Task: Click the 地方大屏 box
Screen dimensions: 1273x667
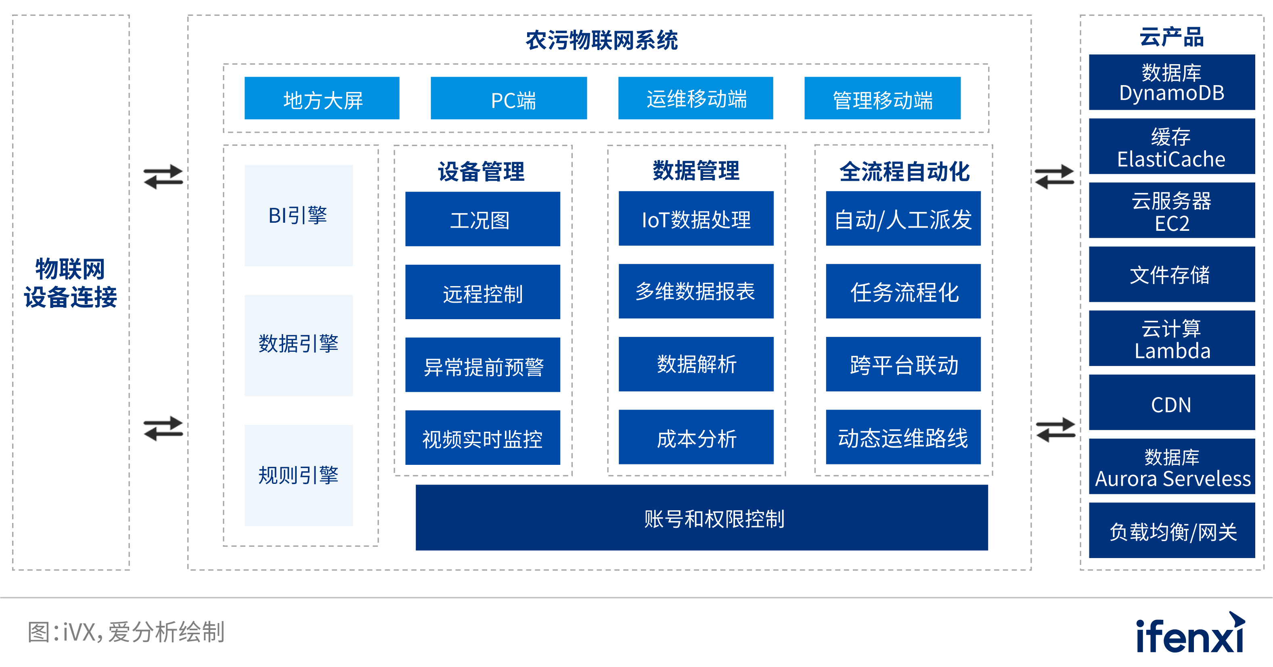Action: click(x=322, y=98)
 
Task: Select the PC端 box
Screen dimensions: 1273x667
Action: click(x=509, y=98)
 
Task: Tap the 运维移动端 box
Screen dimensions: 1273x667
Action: click(x=695, y=98)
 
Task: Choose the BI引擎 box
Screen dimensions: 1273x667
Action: click(x=299, y=215)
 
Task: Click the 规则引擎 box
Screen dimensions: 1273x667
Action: click(x=299, y=475)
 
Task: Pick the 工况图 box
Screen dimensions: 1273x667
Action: click(x=482, y=219)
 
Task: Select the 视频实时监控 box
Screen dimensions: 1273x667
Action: click(x=482, y=437)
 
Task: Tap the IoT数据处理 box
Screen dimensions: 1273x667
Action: click(x=696, y=218)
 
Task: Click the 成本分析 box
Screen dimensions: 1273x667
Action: click(x=696, y=437)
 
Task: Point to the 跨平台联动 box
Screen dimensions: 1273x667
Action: click(x=903, y=364)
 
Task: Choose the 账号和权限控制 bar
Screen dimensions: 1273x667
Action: click(x=702, y=517)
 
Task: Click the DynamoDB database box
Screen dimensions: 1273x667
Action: click(x=1172, y=82)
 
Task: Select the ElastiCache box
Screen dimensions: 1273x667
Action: click(x=1172, y=146)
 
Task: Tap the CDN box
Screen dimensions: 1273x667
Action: click(x=1172, y=402)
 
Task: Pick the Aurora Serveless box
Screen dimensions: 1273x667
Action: click(x=1172, y=466)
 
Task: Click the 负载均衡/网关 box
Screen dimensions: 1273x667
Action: click(x=1172, y=530)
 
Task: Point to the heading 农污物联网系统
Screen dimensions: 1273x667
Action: click(x=601, y=40)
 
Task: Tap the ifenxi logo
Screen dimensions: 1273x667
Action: click(x=1189, y=633)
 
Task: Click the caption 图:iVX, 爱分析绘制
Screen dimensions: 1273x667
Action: click(x=126, y=632)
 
